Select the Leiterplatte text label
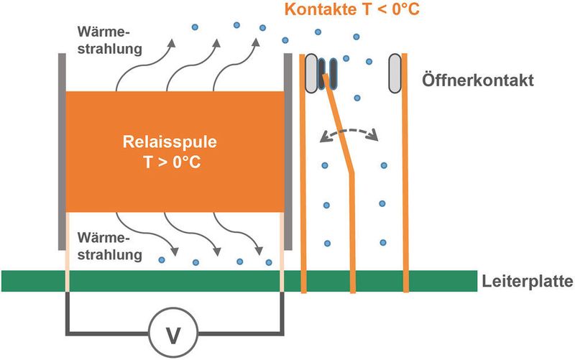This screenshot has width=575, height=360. coord(527,282)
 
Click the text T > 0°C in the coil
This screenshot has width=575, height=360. coord(172,163)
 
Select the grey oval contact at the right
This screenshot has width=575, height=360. coord(395,73)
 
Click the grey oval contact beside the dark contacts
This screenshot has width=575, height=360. coord(313,73)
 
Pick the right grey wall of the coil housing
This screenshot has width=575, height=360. coord(287,151)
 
